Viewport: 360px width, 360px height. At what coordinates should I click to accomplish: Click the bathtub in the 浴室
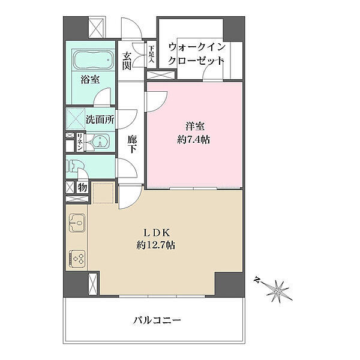click(93, 59)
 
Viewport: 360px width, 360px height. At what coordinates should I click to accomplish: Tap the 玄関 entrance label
click(127, 61)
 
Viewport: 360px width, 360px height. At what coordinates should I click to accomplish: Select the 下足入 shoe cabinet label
click(151, 55)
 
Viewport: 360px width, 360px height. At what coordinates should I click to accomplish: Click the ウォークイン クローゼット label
click(196, 55)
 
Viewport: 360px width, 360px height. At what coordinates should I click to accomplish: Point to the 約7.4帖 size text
click(194, 139)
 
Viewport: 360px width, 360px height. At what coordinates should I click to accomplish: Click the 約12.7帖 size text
click(156, 245)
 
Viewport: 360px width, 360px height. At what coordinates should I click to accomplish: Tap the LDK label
click(157, 233)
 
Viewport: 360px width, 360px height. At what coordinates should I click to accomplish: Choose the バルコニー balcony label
click(157, 320)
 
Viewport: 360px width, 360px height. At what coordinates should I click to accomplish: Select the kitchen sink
click(77, 222)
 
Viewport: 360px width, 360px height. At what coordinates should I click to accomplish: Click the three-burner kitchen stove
click(77, 259)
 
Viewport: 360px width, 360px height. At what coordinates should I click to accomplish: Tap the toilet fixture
click(72, 166)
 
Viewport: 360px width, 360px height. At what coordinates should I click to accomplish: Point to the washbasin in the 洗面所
click(101, 141)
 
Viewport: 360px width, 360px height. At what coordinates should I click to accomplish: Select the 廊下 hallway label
click(132, 144)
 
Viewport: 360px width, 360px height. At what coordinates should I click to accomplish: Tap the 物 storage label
click(82, 187)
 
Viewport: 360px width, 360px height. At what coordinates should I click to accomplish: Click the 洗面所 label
click(100, 119)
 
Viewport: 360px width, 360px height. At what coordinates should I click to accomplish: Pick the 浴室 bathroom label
click(90, 79)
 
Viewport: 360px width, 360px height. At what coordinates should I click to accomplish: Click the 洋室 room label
click(195, 126)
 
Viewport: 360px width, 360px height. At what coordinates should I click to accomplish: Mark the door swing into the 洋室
click(157, 102)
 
